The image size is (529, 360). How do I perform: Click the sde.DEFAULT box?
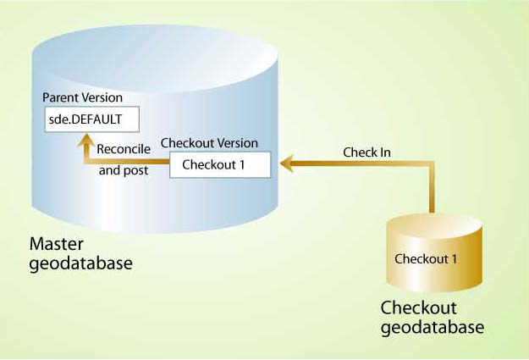(91, 119)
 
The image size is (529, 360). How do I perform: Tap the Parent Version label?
(83, 97)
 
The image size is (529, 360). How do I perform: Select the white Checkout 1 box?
(220, 164)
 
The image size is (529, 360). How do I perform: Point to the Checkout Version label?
(209, 143)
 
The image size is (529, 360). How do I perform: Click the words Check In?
(366, 152)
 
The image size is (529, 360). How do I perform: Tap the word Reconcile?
(124, 149)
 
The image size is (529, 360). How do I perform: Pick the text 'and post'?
(124, 169)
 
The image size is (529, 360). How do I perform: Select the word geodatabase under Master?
(81, 263)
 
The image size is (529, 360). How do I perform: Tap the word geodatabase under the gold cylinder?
(433, 326)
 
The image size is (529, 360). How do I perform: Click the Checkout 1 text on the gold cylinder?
(427, 259)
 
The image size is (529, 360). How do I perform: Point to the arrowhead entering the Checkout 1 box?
(286, 163)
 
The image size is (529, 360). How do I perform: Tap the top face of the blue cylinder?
(154, 52)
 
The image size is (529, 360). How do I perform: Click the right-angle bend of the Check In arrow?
(432, 164)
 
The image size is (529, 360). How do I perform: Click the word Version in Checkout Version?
(237, 143)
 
